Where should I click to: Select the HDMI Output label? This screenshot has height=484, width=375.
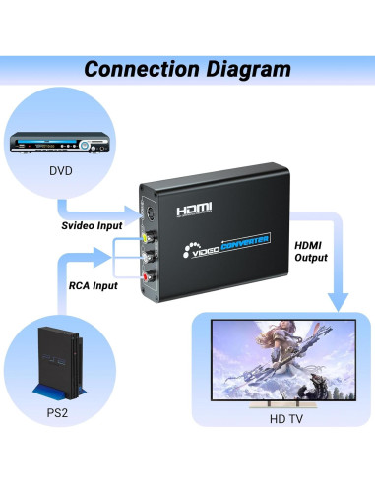(314, 253)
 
